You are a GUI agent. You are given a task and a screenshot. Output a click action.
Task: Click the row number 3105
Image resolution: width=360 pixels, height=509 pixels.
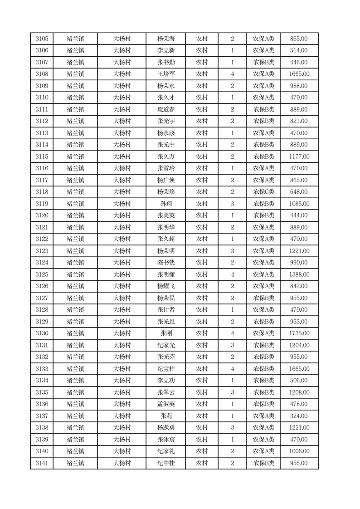pyautogui.click(x=42, y=39)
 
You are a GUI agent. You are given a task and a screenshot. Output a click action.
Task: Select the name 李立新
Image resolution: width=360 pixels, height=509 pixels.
pyautogui.click(x=165, y=51)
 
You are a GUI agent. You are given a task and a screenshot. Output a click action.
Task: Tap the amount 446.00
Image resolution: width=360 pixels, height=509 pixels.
pyautogui.click(x=299, y=63)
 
